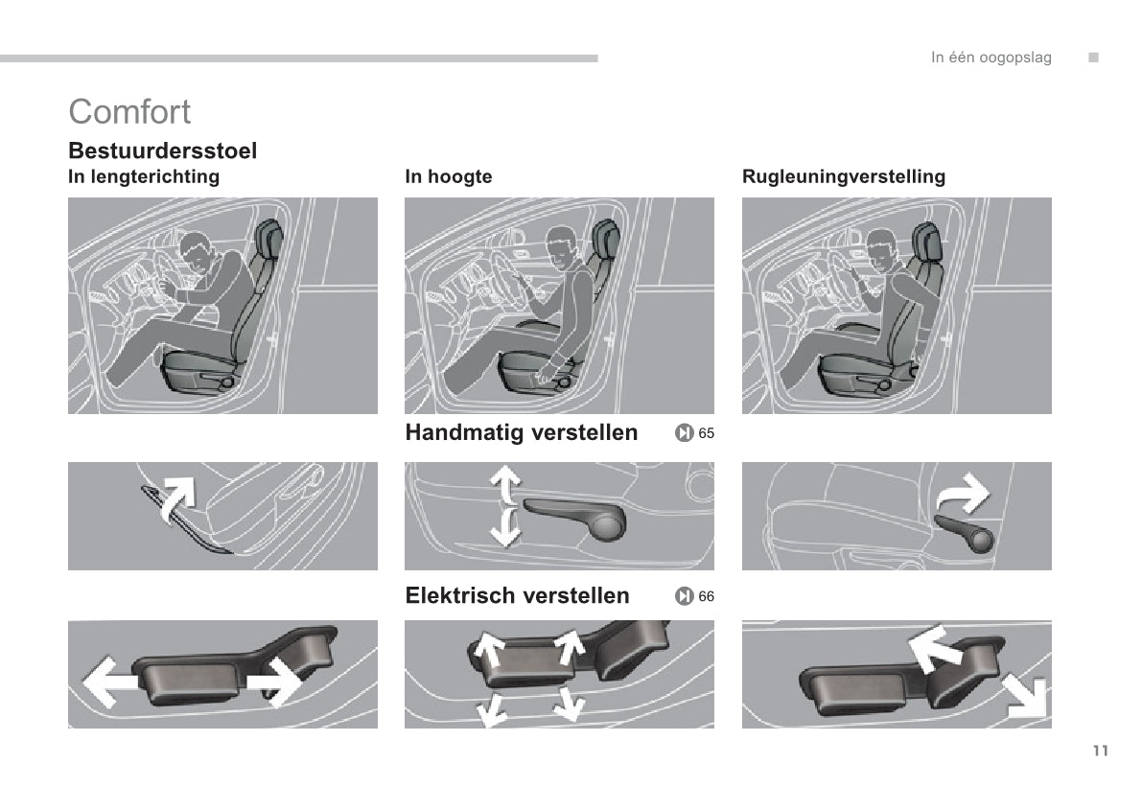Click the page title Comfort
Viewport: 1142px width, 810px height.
point(129,111)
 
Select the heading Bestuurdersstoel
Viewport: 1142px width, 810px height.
point(162,150)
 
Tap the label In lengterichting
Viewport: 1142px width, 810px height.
point(144,177)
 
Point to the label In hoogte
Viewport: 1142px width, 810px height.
point(449,177)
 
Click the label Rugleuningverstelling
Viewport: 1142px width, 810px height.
point(844,177)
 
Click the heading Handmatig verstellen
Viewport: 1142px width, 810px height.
point(522,432)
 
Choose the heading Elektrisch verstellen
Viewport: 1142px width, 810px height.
point(517,596)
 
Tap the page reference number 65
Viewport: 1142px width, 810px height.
point(707,433)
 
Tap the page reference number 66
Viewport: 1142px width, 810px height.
point(707,596)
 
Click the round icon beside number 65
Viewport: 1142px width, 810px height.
point(684,433)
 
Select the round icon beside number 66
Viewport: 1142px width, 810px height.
point(684,596)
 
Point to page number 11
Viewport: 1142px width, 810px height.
point(1101,751)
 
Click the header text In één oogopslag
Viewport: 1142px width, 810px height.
point(991,58)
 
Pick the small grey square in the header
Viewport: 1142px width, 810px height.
point(1093,58)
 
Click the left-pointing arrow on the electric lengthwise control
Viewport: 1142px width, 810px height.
point(109,683)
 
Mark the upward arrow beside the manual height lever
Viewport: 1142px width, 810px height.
point(505,484)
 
